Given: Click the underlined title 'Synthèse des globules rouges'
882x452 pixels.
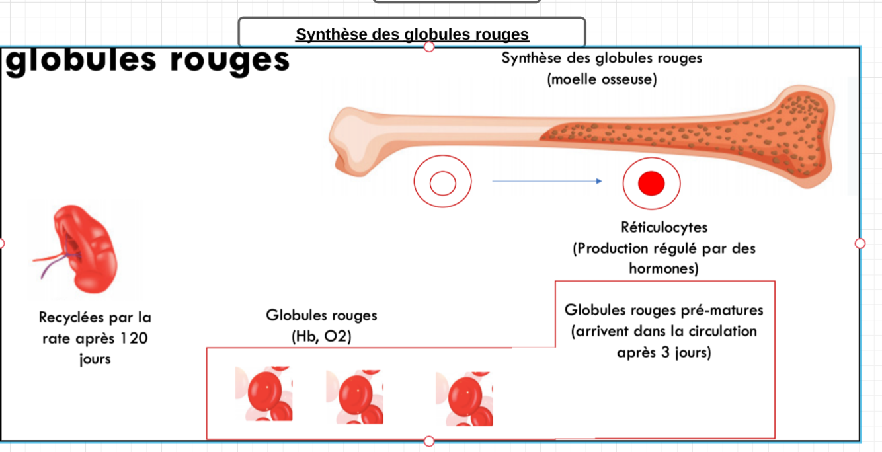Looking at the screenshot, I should pyautogui.click(x=412, y=34).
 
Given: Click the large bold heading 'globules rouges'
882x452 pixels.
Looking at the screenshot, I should pyautogui.click(x=147, y=60).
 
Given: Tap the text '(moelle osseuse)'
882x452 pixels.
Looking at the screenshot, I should pyautogui.click(x=602, y=80).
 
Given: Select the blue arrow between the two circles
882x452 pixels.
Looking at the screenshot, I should pyautogui.click(x=547, y=181).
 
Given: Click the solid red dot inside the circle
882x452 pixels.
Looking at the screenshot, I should pyautogui.click(x=651, y=183).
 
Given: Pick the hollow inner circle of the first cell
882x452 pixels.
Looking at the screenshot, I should pyautogui.click(x=443, y=183).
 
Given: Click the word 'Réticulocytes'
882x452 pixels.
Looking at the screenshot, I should pyautogui.click(x=664, y=227).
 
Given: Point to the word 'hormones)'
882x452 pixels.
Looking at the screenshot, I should pyautogui.click(x=663, y=269).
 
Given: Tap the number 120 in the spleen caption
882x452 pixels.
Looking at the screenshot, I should pyautogui.click(x=134, y=338).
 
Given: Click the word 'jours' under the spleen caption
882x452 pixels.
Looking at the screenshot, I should pyautogui.click(x=95, y=359).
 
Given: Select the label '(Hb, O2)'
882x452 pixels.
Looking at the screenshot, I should pyautogui.click(x=321, y=336).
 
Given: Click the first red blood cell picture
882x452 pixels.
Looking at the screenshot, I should pyautogui.click(x=264, y=395).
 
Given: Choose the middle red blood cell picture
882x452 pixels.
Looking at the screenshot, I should pyautogui.click(x=355, y=396).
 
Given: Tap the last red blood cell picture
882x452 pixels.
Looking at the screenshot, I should pyautogui.click(x=464, y=398).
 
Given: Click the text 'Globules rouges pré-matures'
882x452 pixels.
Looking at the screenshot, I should pyautogui.click(x=664, y=310).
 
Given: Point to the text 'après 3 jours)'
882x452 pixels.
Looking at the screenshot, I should pyautogui.click(x=664, y=352).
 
